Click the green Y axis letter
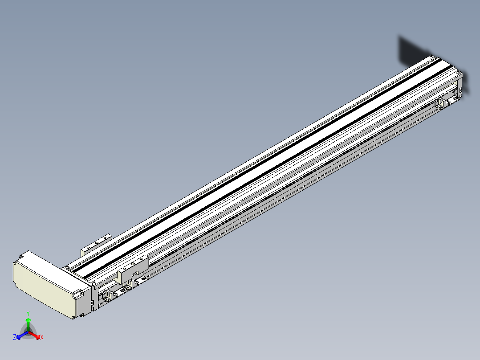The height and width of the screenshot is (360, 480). click(x=28, y=313)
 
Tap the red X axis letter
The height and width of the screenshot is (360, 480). click(x=42, y=337)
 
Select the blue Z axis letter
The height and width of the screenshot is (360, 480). click(x=15, y=337)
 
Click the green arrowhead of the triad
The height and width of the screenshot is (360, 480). click(x=28, y=320)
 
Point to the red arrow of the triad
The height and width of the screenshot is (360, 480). click(x=34, y=335)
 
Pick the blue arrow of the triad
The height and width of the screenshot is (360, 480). click(x=22, y=335)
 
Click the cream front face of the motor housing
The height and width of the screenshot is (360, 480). click(x=44, y=288)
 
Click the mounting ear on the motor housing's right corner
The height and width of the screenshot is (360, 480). click(x=78, y=294)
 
